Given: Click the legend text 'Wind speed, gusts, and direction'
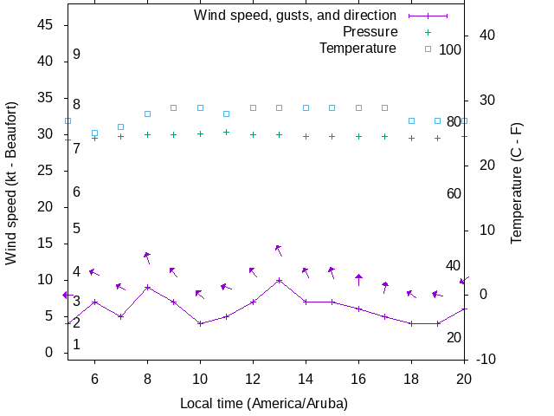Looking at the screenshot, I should [x=295, y=16].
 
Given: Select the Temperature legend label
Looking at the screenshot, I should [x=358, y=48].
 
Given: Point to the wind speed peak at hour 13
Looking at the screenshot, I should [x=279, y=280].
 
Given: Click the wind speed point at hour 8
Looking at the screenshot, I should [x=147, y=287].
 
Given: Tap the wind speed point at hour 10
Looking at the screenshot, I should [x=200, y=323].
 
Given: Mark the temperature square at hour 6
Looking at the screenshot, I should [x=94, y=133].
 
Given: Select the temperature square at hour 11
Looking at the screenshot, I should [x=226, y=114].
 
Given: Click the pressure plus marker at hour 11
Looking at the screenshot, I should [x=226, y=132].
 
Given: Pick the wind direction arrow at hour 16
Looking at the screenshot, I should [x=358, y=279].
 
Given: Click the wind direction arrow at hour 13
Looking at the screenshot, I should [x=279, y=250].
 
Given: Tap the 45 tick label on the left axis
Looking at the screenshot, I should [x=47, y=25].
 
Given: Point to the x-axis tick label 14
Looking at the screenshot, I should [x=306, y=378].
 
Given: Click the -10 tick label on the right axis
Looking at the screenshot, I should [x=486, y=360].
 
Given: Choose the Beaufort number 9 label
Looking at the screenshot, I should [x=76, y=54].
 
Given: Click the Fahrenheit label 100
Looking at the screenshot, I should [x=450, y=49].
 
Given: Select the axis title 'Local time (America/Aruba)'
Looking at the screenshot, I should [x=263, y=404].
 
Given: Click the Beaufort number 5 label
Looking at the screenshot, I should [x=76, y=229].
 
